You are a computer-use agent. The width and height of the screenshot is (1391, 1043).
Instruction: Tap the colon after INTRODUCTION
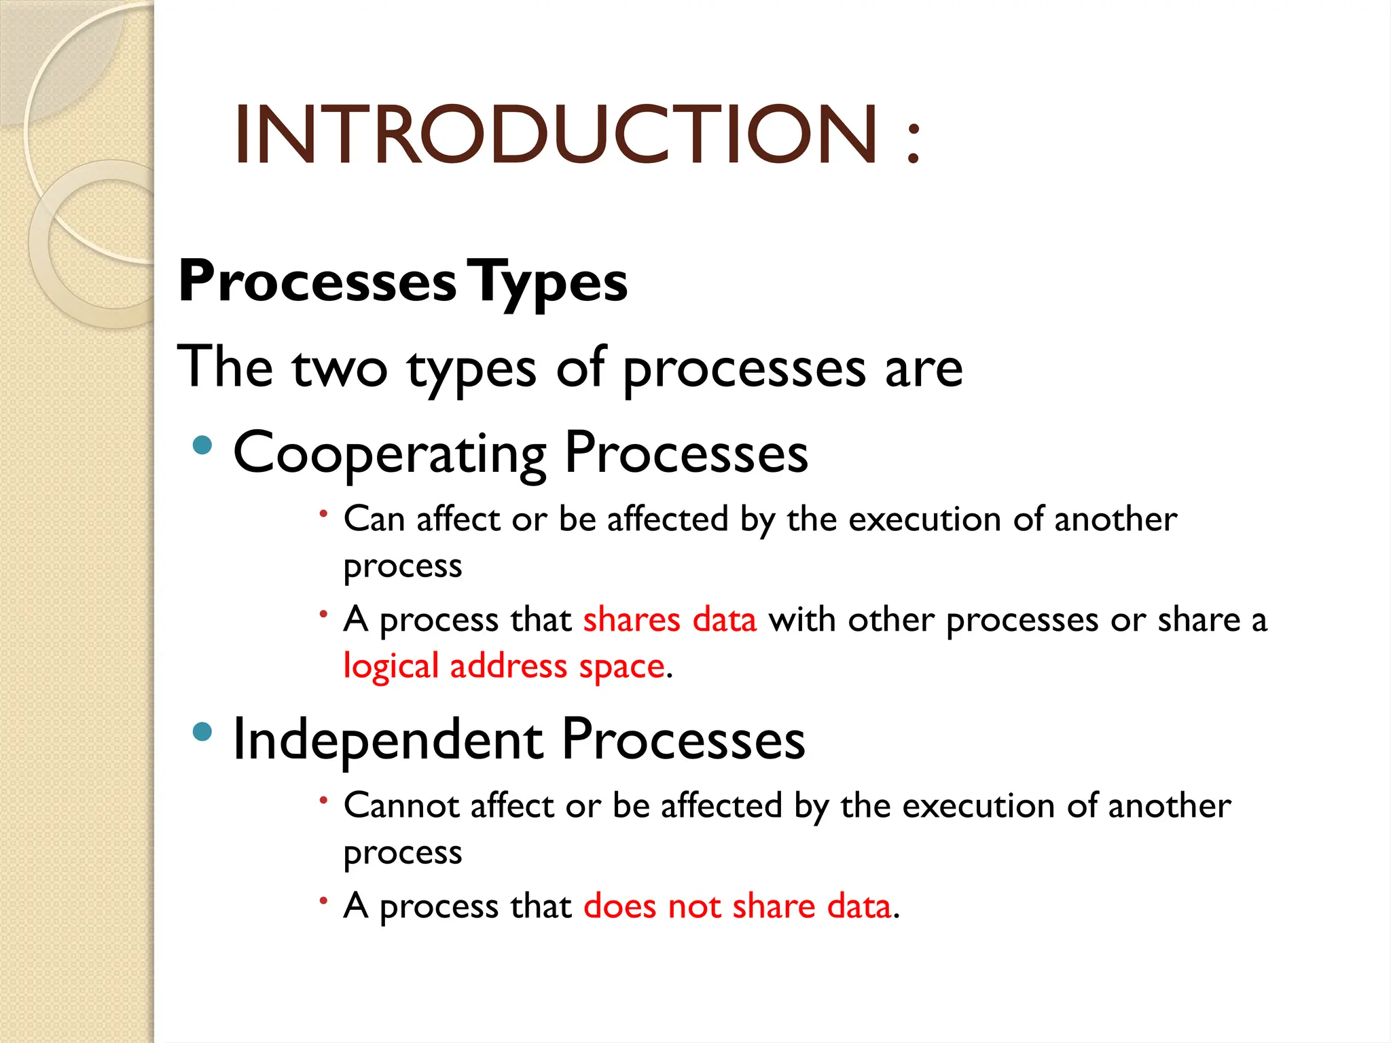click(x=914, y=143)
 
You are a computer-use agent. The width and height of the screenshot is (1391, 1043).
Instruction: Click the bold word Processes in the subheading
click(x=317, y=281)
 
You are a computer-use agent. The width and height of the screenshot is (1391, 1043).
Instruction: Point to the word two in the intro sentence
click(x=340, y=368)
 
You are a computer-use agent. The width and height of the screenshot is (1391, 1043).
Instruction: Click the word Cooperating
click(x=390, y=454)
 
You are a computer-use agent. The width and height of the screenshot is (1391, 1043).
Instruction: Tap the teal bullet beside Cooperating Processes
click(x=202, y=445)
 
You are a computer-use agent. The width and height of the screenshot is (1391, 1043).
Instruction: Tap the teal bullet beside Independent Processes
click(x=202, y=732)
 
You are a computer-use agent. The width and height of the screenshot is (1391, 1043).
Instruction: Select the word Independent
click(x=388, y=739)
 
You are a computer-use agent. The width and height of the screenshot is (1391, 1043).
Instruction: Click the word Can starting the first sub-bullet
click(x=374, y=519)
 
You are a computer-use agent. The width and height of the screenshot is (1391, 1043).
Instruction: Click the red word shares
click(x=632, y=620)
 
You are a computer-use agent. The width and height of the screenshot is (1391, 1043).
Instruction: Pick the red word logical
click(x=391, y=667)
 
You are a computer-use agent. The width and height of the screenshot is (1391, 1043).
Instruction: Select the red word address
click(x=508, y=665)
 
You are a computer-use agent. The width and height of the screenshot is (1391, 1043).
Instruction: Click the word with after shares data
click(x=801, y=620)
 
